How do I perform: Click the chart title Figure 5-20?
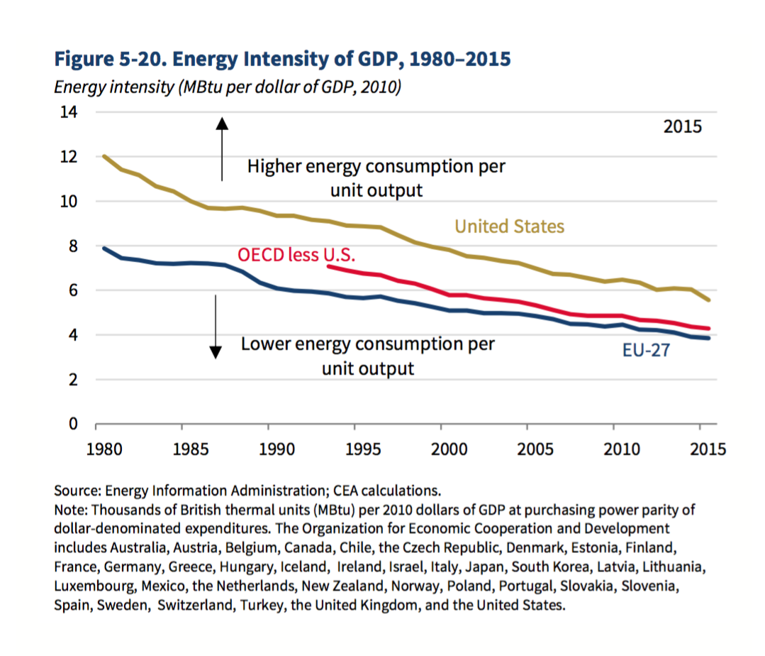281,58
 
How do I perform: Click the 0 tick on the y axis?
72,425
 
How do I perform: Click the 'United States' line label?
509,226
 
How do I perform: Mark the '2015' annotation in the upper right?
682,127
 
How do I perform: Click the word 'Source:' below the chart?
77,490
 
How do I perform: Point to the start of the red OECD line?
328,266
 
